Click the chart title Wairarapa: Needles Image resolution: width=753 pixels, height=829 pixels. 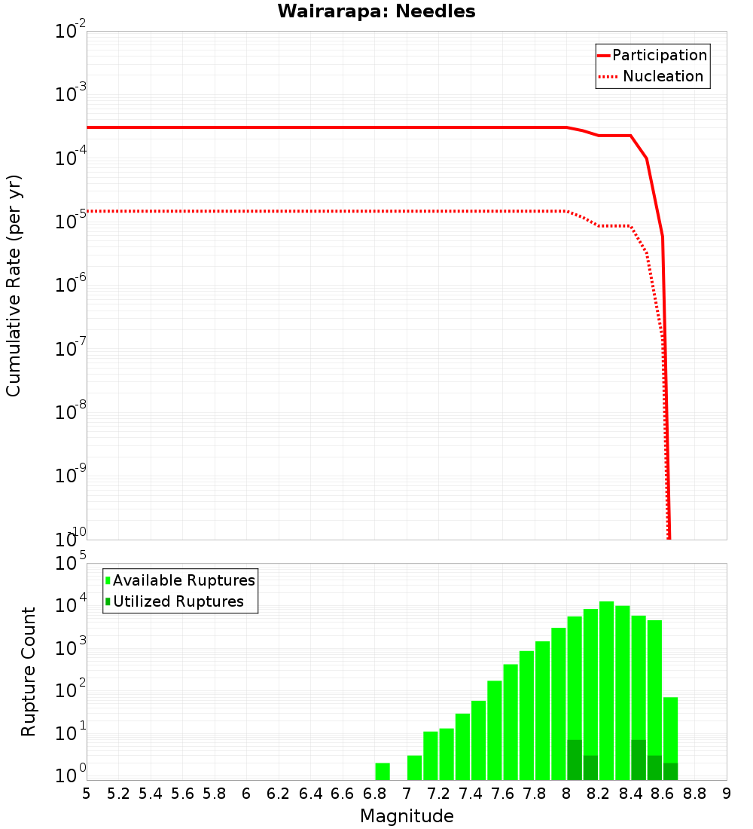coord(376,12)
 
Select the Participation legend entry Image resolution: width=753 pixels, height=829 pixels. coord(659,56)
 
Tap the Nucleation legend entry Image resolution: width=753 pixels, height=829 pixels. coord(663,77)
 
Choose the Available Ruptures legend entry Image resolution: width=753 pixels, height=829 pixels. coord(183,581)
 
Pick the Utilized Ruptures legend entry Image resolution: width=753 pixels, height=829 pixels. coord(178,602)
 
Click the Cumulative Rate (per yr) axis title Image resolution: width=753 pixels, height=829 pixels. coord(14,286)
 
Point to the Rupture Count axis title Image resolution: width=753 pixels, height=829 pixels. coord(29,671)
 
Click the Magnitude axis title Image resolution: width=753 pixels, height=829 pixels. coord(407,816)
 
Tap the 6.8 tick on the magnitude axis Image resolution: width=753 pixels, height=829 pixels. coord(374,794)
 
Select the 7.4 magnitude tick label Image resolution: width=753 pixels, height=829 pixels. coord(471,794)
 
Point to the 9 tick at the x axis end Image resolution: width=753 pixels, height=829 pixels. coord(726,794)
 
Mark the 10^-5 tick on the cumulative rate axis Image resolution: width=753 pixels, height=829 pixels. coord(70,219)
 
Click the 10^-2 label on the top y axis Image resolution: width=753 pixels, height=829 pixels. coord(70,32)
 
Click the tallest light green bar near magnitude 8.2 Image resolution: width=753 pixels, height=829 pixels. coord(606,690)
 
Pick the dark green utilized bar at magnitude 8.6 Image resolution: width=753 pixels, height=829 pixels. coord(670,772)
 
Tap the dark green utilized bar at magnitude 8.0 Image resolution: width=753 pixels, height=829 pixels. coord(575,760)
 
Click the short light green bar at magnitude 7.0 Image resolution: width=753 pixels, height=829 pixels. coord(414,768)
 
